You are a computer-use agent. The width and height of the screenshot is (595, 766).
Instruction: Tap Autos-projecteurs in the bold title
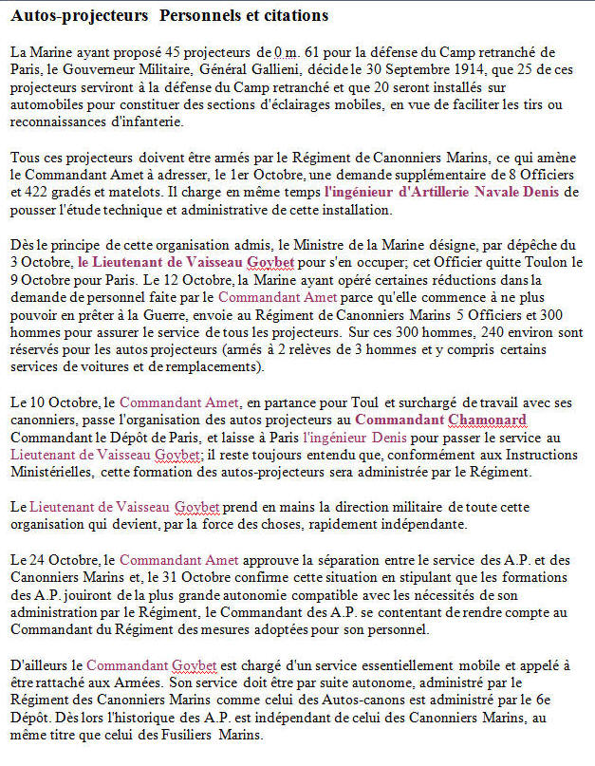[x=74, y=16]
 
